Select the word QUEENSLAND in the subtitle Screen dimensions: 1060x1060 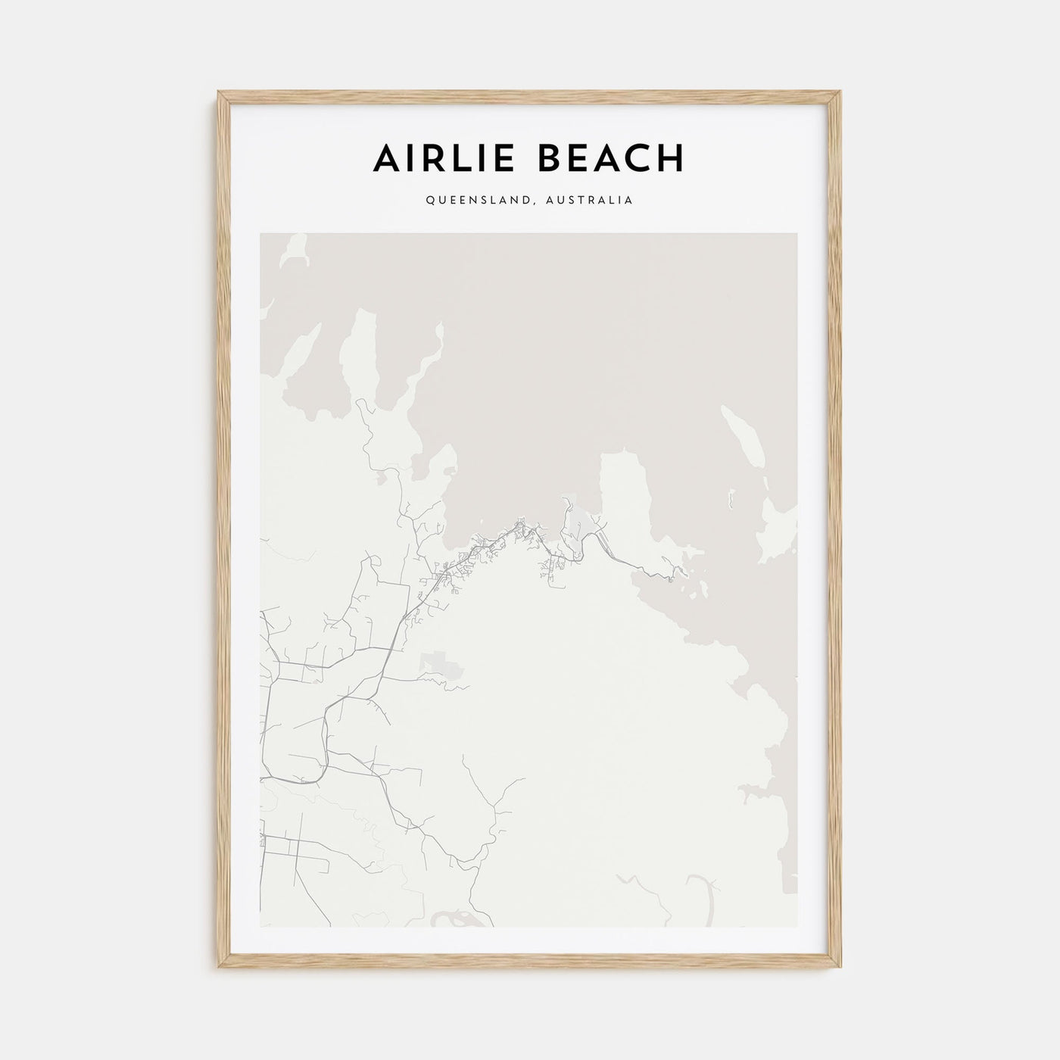pos(471,201)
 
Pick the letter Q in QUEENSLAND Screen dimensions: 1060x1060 pos(430,201)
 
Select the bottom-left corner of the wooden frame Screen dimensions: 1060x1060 pos(220,968)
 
